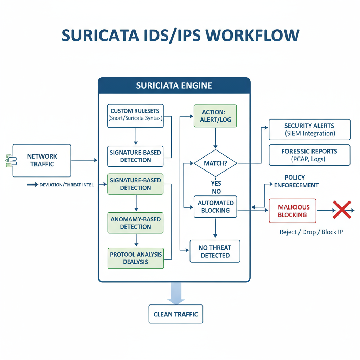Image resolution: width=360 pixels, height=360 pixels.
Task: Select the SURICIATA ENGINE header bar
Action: pyautogui.click(x=174, y=85)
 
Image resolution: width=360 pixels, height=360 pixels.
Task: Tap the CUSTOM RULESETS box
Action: pyautogui.click(x=135, y=114)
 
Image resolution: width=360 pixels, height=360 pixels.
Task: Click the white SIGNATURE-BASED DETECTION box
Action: pyautogui.click(x=135, y=156)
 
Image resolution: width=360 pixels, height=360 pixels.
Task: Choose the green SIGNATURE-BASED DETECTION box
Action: pyautogui.click(x=135, y=184)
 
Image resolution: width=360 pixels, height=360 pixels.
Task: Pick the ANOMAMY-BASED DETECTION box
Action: pyautogui.click(x=135, y=223)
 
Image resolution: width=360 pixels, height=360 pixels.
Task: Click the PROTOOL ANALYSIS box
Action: pyautogui.click(x=135, y=258)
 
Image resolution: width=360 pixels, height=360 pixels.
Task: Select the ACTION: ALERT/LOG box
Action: pyautogui.click(x=215, y=116)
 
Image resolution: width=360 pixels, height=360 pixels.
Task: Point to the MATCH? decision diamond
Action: pyautogui.click(x=215, y=163)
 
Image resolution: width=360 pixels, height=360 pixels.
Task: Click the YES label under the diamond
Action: pyautogui.click(x=216, y=184)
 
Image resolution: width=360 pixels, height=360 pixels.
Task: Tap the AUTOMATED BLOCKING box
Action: pyautogui.click(x=215, y=207)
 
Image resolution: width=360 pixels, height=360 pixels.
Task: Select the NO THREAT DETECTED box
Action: pyautogui.click(x=215, y=251)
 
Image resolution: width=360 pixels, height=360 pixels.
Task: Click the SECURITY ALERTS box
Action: pyautogui.click(x=309, y=129)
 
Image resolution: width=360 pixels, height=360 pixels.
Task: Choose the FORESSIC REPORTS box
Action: pyautogui.click(x=309, y=155)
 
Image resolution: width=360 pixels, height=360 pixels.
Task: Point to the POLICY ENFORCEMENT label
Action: pyautogui.click(x=296, y=181)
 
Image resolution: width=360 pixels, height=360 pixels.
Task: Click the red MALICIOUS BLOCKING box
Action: pyautogui.click(x=292, y=211)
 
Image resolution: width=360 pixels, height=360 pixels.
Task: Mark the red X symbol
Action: pyautogui.click(x=342, y=210)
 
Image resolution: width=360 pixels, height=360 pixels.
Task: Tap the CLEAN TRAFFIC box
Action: pyautogui.click(x=176, y=314)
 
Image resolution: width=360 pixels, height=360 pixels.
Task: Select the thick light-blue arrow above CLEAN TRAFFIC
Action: pyautogui.click(x=176, y=293)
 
